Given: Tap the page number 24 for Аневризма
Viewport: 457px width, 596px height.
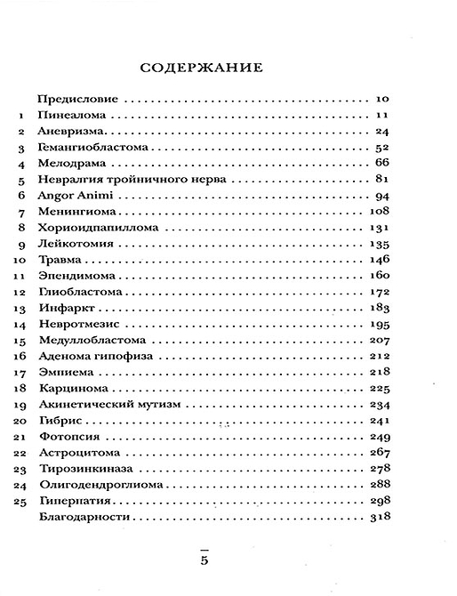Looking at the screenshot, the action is click(384, 132).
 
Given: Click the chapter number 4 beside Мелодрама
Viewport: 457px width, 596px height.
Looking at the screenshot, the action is click(20, 164).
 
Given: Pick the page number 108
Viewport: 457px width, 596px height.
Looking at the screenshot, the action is click(380, 212).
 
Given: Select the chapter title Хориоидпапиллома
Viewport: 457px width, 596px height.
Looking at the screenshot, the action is click(98, 228).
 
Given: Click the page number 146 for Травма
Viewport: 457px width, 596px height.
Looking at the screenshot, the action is click(380, 260).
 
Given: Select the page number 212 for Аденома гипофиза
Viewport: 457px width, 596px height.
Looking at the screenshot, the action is click(380, 356).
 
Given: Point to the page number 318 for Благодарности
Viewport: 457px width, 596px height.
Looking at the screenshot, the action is click(380, 517).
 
